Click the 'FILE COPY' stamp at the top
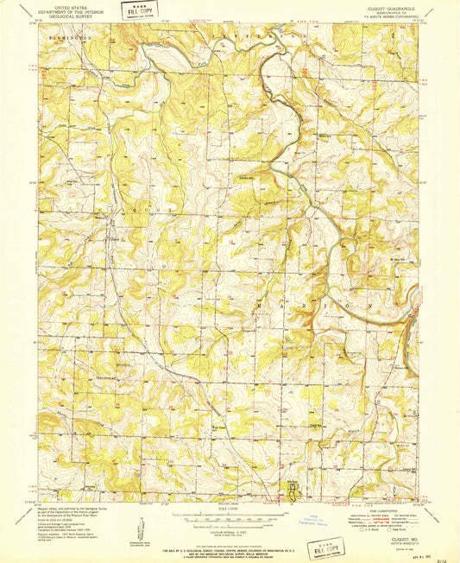pos(135,11)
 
